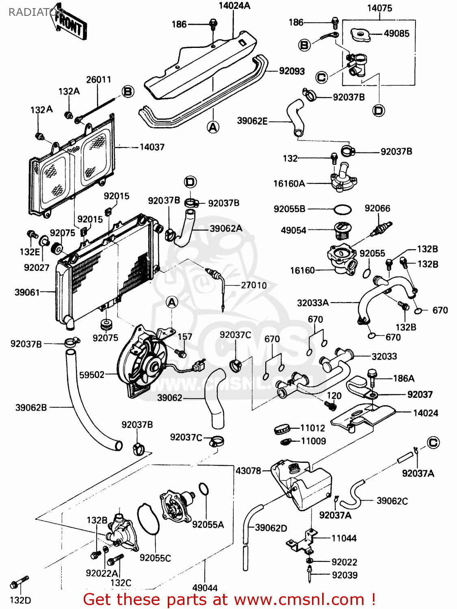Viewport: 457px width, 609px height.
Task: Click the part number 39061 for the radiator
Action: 27,292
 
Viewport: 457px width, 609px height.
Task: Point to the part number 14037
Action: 152,147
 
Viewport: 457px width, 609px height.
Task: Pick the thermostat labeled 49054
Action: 341,230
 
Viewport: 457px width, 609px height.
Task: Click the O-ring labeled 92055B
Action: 342,209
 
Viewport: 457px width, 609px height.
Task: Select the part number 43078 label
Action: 248,471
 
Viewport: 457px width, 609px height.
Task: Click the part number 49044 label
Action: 205,587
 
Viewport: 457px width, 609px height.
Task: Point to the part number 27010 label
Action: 254,285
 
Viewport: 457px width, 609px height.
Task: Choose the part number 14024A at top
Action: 234,6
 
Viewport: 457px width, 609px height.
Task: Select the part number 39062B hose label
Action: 31,407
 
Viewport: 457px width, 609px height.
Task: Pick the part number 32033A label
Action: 313,302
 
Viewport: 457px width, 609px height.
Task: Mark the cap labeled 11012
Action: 282,428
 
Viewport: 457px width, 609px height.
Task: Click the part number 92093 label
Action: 292,71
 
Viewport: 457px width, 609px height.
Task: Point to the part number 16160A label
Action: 289,184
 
